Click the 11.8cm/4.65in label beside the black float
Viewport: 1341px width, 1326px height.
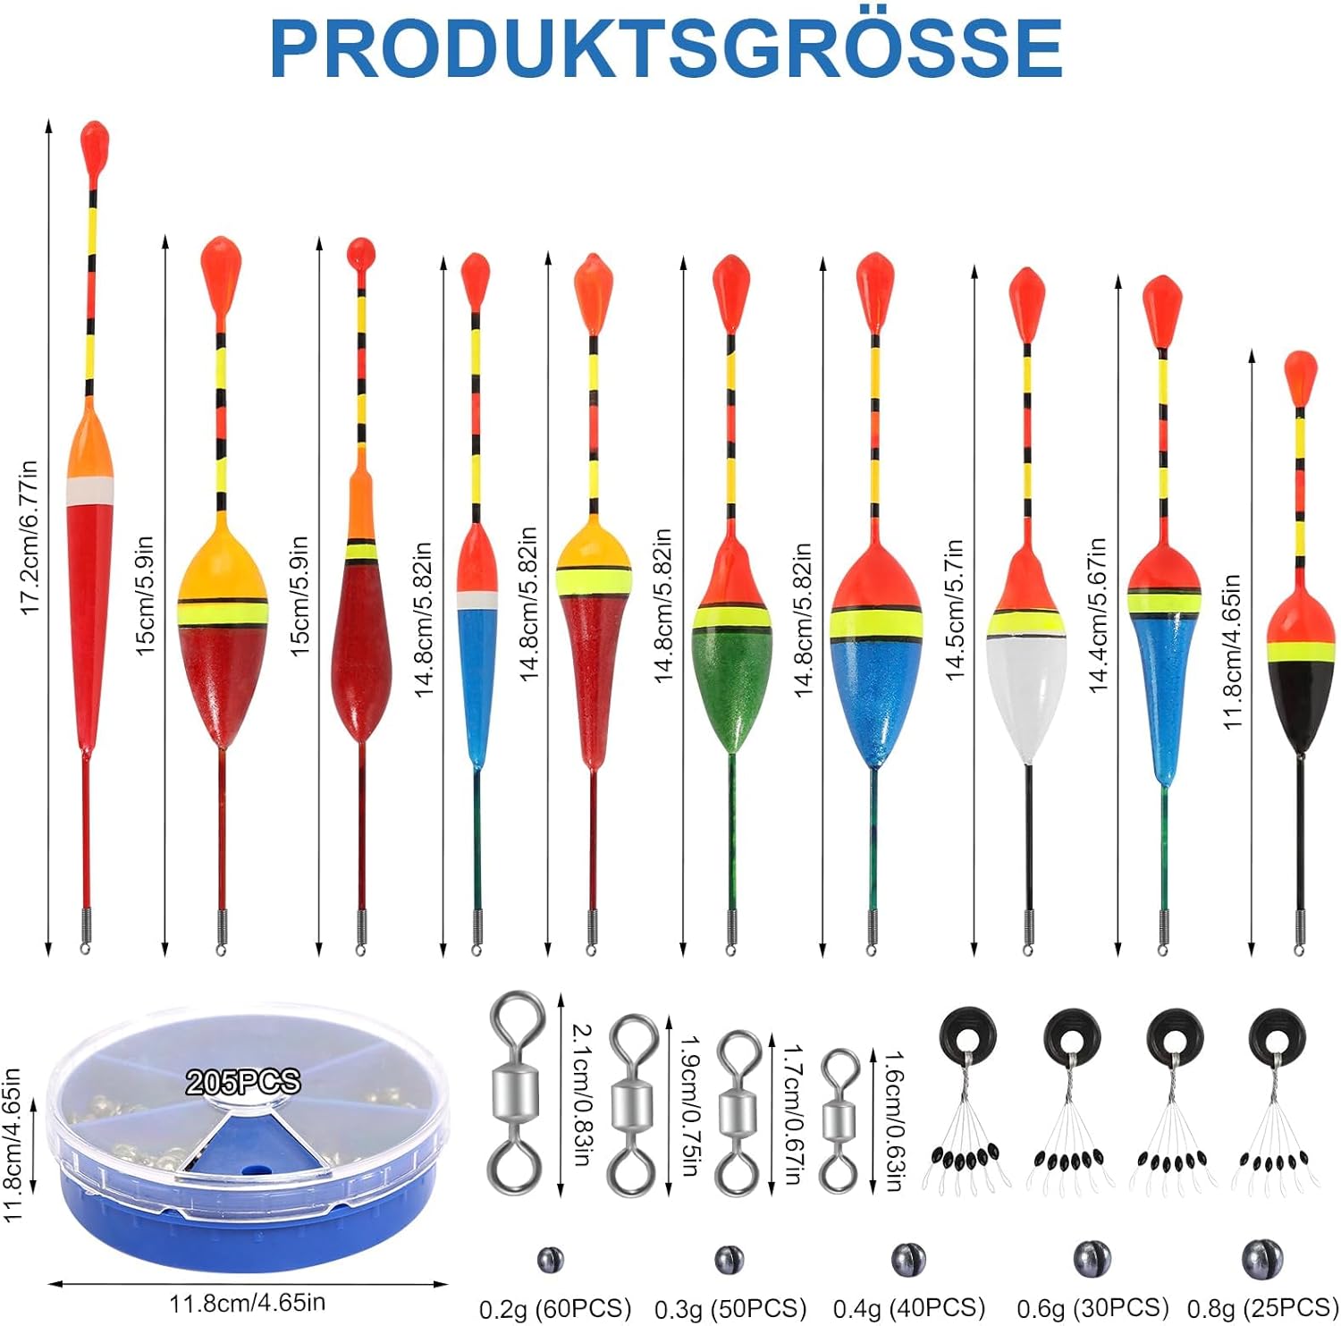(x=1233, y=652)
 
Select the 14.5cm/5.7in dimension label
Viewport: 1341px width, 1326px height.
(x=955, y=610)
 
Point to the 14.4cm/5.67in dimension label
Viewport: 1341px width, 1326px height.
(x=1098, y=615)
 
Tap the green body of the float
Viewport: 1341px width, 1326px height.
(x=731, y=684)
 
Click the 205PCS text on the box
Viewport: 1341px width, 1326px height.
(x=242, y=1082)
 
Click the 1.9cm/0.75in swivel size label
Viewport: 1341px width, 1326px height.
(x=690, y=1105)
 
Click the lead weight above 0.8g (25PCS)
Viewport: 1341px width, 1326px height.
(x=1261, y=1259)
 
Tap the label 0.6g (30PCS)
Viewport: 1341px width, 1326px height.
(x=1092, y=1308)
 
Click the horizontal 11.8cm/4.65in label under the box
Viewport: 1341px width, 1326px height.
(x=247, y=1302)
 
